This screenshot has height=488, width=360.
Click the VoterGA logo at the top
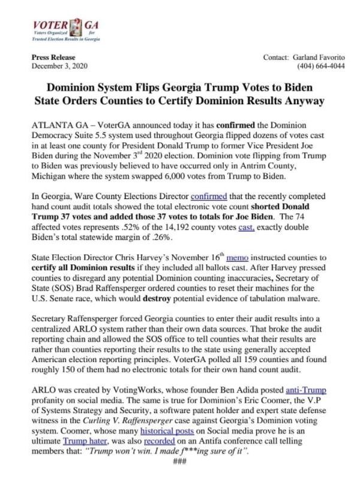click(65, 27)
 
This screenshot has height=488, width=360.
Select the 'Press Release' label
click(50, 56)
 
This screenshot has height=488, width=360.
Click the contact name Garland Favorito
click(319, 56)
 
